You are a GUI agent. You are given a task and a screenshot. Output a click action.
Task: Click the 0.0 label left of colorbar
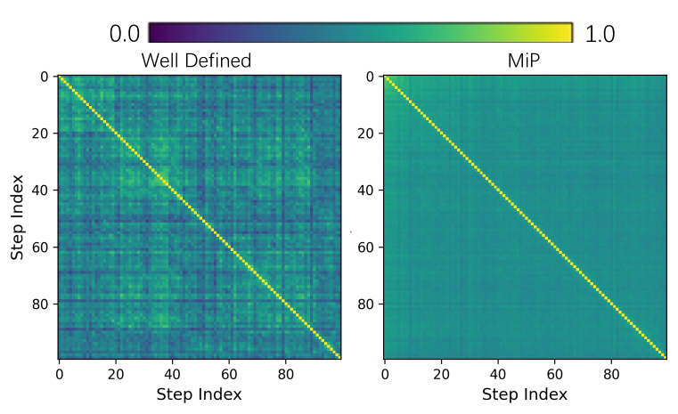point(125,34)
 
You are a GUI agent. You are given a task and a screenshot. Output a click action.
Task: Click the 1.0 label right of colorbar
point(600,34)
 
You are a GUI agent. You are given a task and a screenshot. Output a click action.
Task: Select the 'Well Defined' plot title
point(197,61)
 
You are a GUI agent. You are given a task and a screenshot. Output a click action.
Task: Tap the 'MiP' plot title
point(525,61)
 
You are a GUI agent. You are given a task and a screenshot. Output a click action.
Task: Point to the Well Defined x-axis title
point(199,393)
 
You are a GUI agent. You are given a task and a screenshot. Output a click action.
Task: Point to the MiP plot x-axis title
point(525,393)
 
